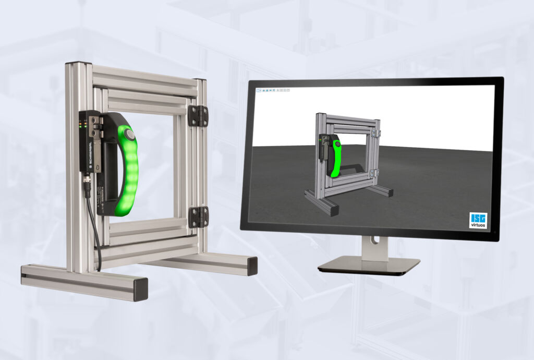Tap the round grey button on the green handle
tap(130, 136)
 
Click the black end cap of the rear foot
tap(252, 266)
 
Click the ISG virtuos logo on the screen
tap(478, 220)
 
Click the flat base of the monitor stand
tap(369, 266)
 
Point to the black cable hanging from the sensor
tap(96, 230)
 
